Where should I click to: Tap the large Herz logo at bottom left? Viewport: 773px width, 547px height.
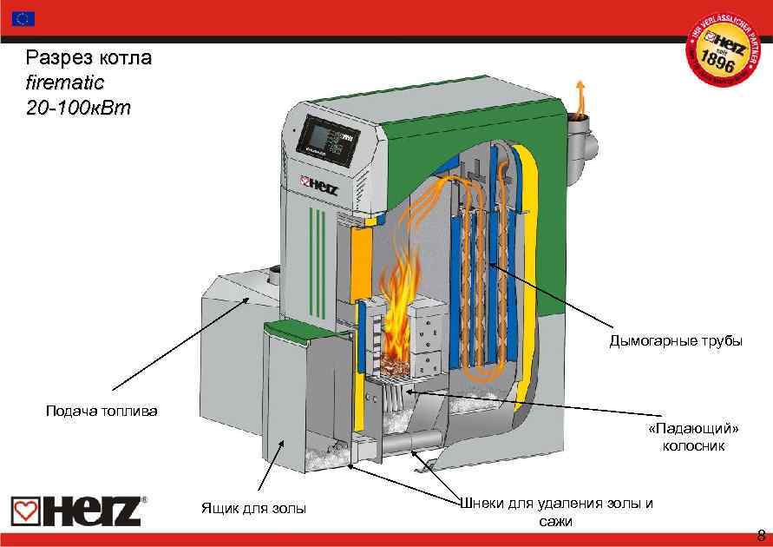(77, 510)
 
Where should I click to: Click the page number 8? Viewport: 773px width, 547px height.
(761, 533)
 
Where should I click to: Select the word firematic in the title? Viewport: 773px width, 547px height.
(65, 84)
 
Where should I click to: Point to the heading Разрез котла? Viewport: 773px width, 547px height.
(89, 59)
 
